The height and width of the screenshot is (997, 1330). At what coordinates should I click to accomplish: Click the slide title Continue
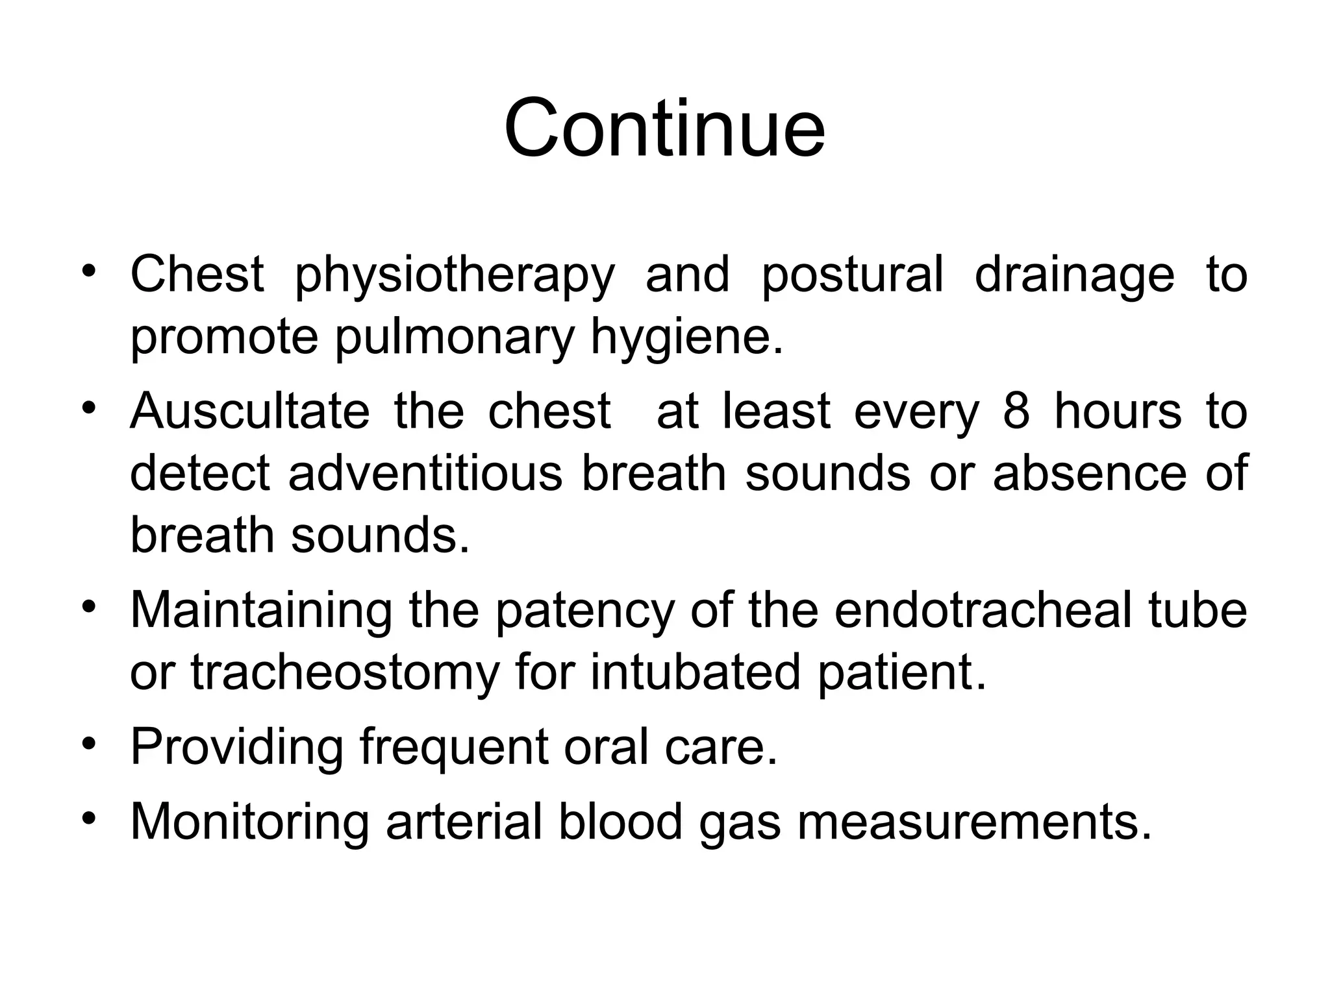[x=664, y=128]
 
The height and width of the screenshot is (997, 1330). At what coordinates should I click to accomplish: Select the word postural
[x=851, y=275]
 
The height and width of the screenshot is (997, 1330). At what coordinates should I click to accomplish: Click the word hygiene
[x=686, y=339]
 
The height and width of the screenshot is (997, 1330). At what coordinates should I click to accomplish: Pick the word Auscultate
[x=250, y=411]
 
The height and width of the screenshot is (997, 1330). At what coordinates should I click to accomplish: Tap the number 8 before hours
[x=1016, y=411]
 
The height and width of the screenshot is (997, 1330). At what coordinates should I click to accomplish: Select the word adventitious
[x=425, y=473]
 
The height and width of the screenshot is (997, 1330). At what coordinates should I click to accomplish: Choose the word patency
[x=584, y=612]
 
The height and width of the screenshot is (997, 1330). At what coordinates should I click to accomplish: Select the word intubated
[x=695, y=672]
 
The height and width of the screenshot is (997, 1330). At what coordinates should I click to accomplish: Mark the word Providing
[x=236, y=748]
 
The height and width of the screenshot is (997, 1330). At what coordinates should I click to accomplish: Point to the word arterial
[x=464, y=821]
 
